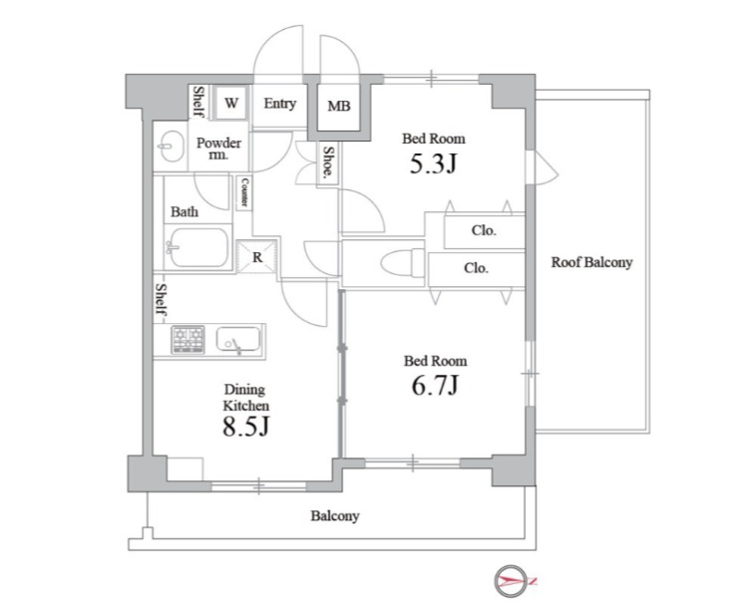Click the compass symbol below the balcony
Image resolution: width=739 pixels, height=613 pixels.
click(x=512, y=581)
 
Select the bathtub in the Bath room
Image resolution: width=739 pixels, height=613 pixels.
click(x=198, y=247)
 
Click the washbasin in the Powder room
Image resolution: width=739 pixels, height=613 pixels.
click(x=170, y=147)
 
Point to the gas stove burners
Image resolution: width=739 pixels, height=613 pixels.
click(x=188, y=339)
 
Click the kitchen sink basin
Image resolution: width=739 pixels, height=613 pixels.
click(x=238, y=339)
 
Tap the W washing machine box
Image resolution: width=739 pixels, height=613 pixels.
click(x=231, y=104)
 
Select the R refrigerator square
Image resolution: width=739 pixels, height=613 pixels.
click(x=257, y=257)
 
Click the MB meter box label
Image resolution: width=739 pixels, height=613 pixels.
click(x=339, y=107)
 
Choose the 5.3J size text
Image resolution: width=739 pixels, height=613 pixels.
click(x=434, y=163)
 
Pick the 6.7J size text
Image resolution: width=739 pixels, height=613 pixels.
click(x=435, y=386)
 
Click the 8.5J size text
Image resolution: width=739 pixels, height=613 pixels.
click(x=245, y=427)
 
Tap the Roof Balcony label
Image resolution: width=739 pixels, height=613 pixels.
click(x=592, y=262)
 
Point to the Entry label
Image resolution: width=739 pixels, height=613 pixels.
click(x=280, y=104)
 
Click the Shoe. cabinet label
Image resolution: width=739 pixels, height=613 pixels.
click(x=328, y=163)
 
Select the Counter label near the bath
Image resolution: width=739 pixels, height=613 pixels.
click(x=244, y=191)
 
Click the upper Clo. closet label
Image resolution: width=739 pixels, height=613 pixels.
click(x=484, y=230)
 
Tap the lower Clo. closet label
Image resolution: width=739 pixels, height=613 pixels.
click(x=476, y=268)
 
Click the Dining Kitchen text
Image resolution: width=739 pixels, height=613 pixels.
click(x=245, y=397)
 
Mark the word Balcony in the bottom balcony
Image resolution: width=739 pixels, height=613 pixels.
click(x=335, y=516)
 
